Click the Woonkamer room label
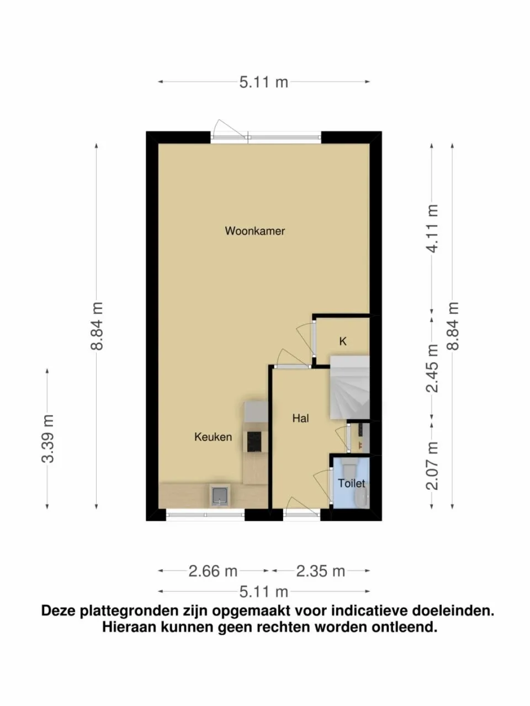(x=255, y=231)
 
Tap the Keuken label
(x=213, y=437)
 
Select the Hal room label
(x=300, y=419)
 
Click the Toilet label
(x=351, y=484)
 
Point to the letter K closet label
(x=343, y=342)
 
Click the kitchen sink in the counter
(x=220, y=495)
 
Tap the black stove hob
(x=254, y=441)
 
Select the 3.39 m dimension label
(x=48, y=438)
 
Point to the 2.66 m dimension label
(x=213, y=571)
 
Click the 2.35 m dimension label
(x=320, y=571)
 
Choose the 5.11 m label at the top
(x=263, y=82)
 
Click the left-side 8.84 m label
(x=97, y=325)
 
